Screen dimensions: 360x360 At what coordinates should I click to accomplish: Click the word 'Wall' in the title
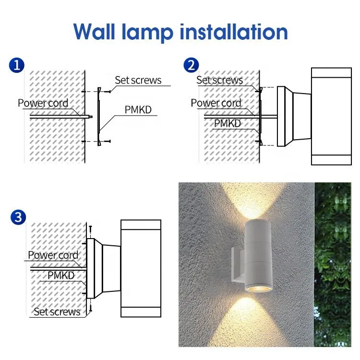99,32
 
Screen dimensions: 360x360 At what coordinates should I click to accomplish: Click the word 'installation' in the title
234,32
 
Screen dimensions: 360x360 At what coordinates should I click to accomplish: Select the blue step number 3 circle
17,217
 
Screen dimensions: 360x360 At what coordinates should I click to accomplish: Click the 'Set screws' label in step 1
138,80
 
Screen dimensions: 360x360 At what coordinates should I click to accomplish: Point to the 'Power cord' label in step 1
43,103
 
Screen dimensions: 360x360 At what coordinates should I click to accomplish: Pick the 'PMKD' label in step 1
138,110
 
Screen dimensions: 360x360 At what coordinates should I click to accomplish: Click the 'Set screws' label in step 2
219,80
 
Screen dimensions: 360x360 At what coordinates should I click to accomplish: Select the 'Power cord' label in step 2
216,103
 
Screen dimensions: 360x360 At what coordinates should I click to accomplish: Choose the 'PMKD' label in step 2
227,123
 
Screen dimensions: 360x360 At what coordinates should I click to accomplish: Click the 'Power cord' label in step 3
53,255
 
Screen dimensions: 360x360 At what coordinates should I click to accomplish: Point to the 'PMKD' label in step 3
61,276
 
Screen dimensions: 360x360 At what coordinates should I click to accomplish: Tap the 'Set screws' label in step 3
57,312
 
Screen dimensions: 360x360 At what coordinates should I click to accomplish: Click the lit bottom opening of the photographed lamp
252,289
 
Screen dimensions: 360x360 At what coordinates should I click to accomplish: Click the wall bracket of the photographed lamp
236,264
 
